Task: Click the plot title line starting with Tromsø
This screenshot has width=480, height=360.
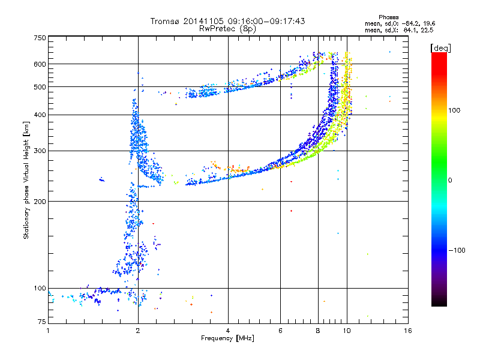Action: tap(228, 21)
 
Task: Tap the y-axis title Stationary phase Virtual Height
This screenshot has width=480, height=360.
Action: tap(26, 180)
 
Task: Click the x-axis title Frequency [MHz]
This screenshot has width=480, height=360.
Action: tap(227, 338)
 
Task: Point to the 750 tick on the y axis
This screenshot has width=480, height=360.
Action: tap(40, 38)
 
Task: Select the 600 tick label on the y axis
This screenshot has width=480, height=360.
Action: tap(40, 64)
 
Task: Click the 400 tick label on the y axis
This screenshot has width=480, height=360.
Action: tap(40, 115)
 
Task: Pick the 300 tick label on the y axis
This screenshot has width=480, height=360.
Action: tap(40, 151)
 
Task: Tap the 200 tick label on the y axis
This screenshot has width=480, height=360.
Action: tap(40, 202)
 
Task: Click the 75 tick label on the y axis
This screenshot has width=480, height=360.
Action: tap(41, 323)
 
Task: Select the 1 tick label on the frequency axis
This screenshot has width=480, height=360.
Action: tap(49, 330)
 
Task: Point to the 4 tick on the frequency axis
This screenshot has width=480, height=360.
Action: tap(228, 330)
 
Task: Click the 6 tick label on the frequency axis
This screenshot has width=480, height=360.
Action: tap(281, 330)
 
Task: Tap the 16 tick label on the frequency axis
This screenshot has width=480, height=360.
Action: tap(407, 330)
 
